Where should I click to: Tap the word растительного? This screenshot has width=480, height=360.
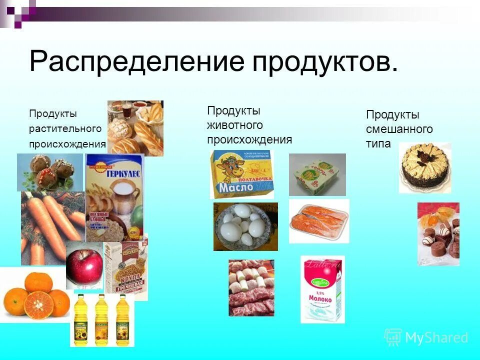tap(65, 129)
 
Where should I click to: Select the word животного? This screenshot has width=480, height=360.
tap(235, 125)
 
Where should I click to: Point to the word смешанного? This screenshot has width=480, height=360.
tap(399, 129)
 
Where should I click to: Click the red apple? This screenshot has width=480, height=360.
tap(84, 264)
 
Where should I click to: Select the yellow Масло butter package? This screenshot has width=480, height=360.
tap(241, 174)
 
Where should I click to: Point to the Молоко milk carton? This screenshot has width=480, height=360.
tap(322, 289)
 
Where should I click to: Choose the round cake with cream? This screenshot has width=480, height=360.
tap(424, 167)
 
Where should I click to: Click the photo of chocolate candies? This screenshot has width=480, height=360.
tap(438, 233)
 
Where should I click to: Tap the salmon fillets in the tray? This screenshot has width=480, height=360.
tap(319, 220)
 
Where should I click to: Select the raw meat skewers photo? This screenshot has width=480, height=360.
tap(251, 287)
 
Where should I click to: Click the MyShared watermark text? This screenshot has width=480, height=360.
tap(436, 337)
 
